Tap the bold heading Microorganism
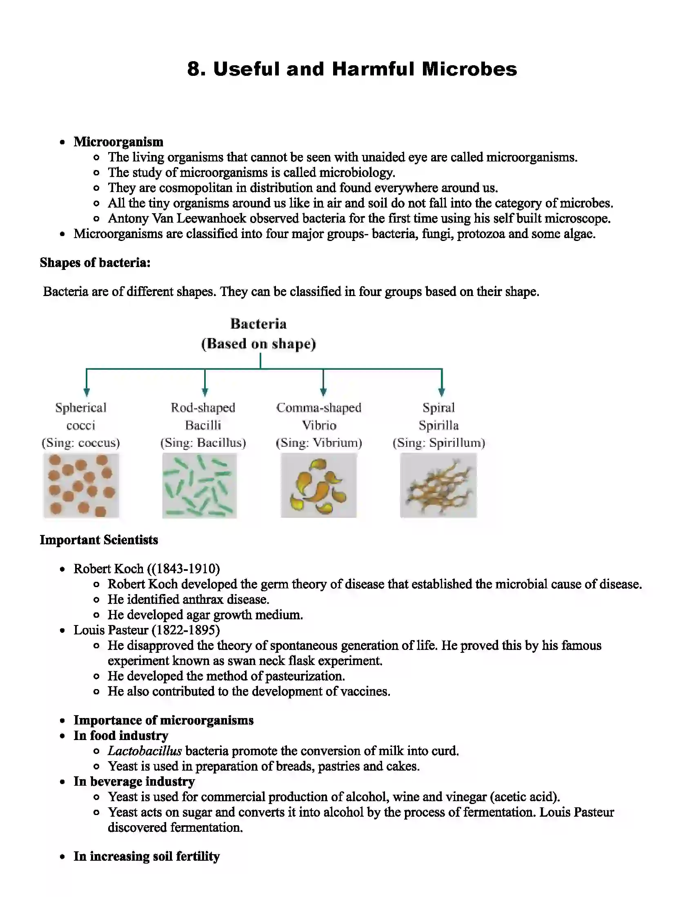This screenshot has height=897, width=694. tap(118, 142)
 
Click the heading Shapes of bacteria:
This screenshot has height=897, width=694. tap(95, 263)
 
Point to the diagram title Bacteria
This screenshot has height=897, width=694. tap(258, 324)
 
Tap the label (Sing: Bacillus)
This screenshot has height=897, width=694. tap(203, 443)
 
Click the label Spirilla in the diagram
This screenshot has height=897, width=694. tap(438, 425)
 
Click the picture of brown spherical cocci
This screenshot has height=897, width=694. tap(81, 486)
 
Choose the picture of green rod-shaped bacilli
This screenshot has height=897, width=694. tap(199, 486)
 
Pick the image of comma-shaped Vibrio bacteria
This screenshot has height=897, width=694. tap(319, 486)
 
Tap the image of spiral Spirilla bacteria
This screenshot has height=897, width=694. tap(438, 486)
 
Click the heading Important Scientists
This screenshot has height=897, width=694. tap(99, 540)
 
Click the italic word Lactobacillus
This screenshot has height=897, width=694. tap(145, 751)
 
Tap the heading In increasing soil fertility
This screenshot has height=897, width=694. tap(147, 856)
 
